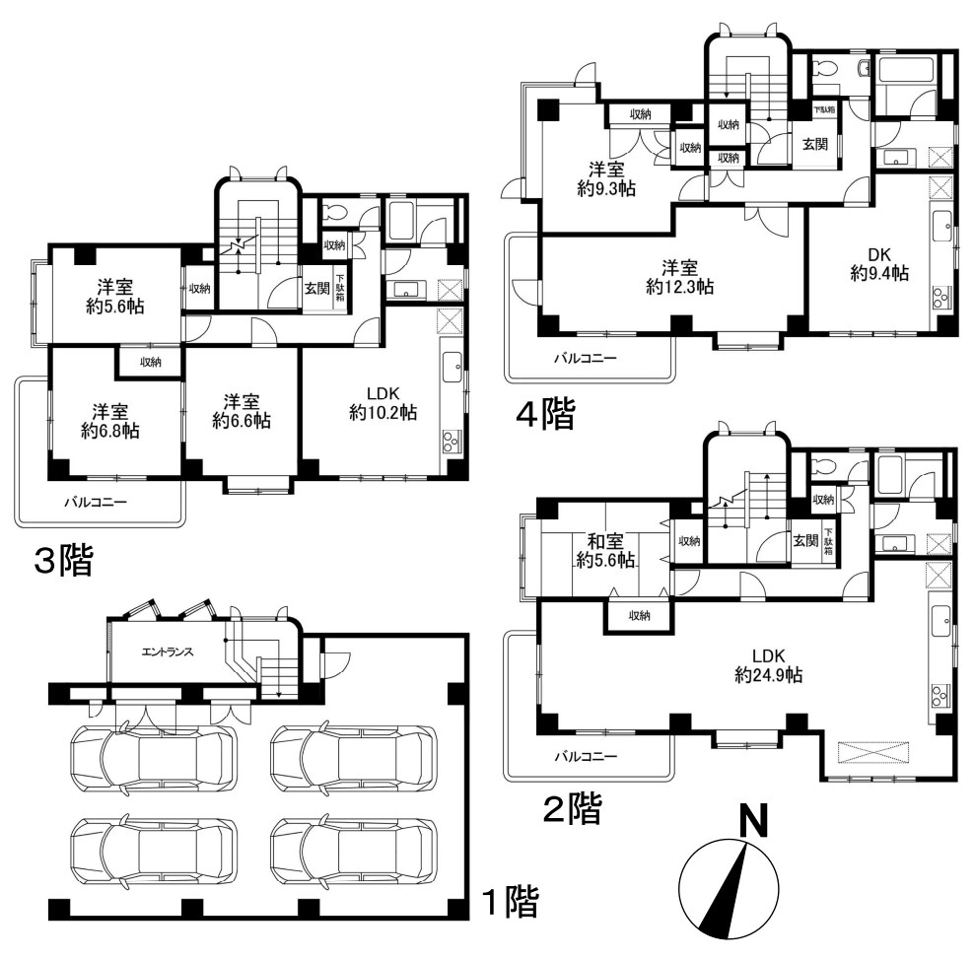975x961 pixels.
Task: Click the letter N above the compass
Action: click(752, 821)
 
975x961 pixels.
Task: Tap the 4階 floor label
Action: click(546, 413)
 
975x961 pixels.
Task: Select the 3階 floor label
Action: click(63, 560)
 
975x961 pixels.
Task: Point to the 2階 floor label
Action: click(572, 808)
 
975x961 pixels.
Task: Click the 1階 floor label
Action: click(510, 901)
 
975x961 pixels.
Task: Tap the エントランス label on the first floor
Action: click(168, 652)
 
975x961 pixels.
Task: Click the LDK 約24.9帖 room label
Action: click(768, 665)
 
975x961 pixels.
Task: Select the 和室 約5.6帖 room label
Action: click(605, 551)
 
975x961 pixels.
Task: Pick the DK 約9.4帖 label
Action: click(879, 263)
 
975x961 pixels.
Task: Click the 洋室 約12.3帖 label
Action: click(679, 278)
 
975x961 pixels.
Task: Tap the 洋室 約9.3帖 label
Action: click(606, 179)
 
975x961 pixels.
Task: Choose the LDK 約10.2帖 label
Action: click(383, 403)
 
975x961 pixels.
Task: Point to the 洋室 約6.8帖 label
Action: click(110, 421)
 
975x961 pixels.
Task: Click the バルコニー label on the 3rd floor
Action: click(96, 502)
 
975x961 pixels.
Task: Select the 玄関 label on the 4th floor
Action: click(814, 144)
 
